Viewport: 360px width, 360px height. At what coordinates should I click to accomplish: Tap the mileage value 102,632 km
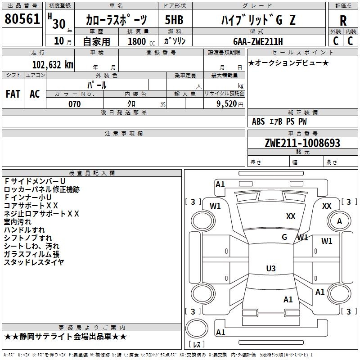coord(53,65)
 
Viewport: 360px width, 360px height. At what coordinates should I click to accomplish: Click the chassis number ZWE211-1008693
coord(302,144)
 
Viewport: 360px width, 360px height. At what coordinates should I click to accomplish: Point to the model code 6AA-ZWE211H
coord(258,41)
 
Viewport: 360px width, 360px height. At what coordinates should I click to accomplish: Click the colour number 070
coord(74,104)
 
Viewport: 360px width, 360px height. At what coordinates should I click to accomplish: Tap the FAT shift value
coord(13,94)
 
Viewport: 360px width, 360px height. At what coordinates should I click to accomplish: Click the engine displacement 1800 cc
coord(137,41)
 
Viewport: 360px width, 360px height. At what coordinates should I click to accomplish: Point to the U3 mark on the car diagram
coord(270,269)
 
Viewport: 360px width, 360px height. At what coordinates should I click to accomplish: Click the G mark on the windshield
coord(284,237)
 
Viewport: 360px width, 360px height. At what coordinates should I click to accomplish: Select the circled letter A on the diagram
coord(339,221)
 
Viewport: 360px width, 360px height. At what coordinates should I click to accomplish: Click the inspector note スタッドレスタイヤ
coord(34,262)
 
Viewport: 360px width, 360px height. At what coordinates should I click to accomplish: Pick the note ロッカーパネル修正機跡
coord(42,189)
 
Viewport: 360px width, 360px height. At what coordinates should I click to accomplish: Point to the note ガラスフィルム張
coord(31,254)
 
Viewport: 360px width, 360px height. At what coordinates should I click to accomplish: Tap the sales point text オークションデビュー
coord(288,63)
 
